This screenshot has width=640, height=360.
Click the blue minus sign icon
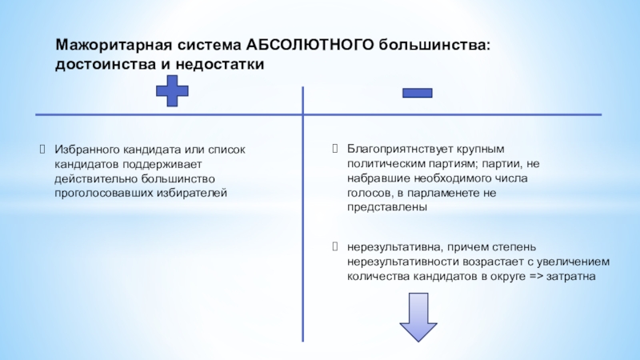coord(417,94)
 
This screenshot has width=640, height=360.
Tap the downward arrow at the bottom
coord(418,318)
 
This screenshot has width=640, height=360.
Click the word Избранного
coord(87,150)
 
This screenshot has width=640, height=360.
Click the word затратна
coord(570,276)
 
